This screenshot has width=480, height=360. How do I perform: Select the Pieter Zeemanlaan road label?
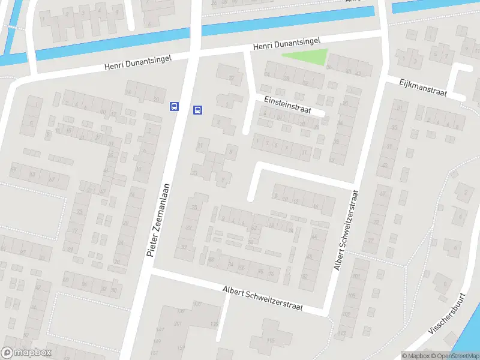(159, 220)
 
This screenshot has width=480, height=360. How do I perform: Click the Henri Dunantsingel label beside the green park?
(286, 43)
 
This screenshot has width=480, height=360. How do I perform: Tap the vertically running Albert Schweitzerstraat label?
(347, 230)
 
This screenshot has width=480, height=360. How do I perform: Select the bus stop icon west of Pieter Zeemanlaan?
(174, 106)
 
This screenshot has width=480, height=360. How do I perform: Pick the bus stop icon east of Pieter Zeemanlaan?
(197, 110)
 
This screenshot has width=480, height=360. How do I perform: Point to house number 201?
(177, 324)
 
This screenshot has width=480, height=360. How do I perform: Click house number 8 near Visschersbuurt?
(460, 215)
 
